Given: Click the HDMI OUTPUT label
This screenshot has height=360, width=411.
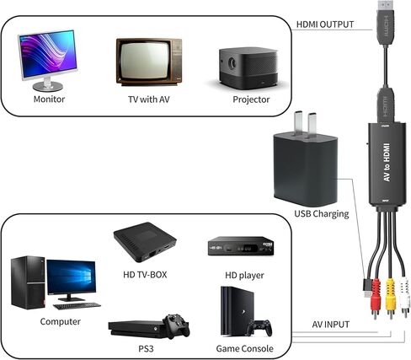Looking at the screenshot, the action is pyautogui.click(x=325, y=24).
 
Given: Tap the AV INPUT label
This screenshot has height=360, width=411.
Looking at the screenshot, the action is pyautogui.click(x=331, y=325).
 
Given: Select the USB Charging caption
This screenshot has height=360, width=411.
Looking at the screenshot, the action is pyautogui.click(x=322, y=214).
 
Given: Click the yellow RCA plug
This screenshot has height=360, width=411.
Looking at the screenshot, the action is pyautogui.click(x=391, y=298).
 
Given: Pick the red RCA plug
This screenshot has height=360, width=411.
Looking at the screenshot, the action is pyautogui.click(x=376, y=298).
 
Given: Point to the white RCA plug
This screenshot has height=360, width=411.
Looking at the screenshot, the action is pyautogui.click(x=404, y=297).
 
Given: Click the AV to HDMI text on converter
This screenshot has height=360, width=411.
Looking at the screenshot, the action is pyautogui.click(x=387, y=162).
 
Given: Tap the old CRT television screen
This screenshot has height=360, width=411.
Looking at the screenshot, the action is pyautogui.click(x=145, y=61).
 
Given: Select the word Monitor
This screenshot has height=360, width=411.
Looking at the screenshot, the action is pyautogui.click(x=49, y=99).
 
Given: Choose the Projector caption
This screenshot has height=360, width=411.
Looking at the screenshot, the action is pyautogui.click(x=251, y=99).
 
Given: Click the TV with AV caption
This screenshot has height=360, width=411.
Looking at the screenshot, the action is pyautogui.click(x=149, y=99).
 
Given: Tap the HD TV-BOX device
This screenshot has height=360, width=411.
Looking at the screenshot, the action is pyautogui.click(x=145, y=242).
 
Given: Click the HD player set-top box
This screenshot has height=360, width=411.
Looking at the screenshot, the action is pyautogui.click(x=241, y=246).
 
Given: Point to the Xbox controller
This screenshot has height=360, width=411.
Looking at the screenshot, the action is pyautogui.click(x=177, y=325).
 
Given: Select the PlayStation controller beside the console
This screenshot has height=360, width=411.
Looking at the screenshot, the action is pyautogui.click(x=259, y=327).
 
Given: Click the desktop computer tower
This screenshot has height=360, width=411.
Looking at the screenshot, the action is pyautogui.click(x=28, y=282).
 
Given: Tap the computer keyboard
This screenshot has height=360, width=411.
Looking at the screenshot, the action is pyautogui.click(x=77, y=306).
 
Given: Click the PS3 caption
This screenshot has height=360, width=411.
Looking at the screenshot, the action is pyautogui.click(x=146, y=349).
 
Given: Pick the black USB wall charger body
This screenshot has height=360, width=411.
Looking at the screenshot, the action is pyautogui.click(x=306, y=169).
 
